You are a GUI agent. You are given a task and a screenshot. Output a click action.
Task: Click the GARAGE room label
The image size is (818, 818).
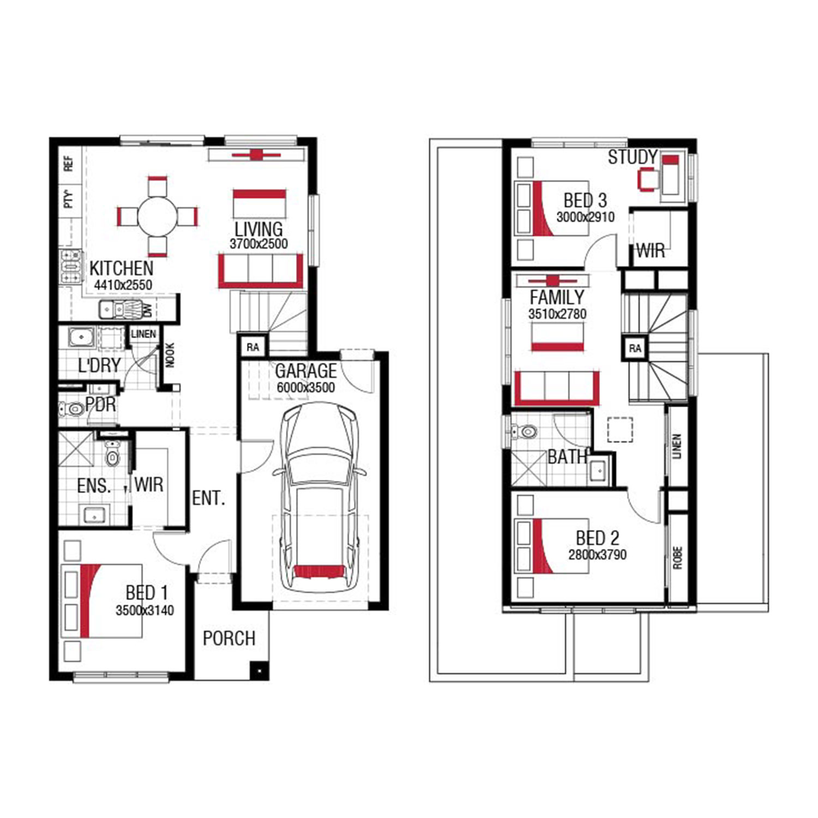[306, 371]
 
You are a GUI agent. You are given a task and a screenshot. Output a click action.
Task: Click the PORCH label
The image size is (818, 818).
[229, 639]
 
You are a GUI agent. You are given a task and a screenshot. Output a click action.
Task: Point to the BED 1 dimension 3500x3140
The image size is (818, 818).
[145, 610]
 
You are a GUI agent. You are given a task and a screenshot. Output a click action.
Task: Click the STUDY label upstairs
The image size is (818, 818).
[633, 157]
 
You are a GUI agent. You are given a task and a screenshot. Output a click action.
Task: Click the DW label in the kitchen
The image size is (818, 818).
[147, 310]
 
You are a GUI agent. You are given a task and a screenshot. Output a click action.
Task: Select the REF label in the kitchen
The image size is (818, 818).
[68, 164]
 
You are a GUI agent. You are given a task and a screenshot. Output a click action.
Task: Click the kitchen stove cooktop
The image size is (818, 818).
[71, 267]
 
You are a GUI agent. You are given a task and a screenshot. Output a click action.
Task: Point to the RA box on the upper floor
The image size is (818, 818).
[635, 348]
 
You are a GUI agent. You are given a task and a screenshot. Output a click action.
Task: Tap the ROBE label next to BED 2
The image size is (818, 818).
[677, 558]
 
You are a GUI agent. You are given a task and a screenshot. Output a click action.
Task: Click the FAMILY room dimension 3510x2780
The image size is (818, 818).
[557, 314]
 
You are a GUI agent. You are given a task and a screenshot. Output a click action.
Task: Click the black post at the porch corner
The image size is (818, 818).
[260, 670]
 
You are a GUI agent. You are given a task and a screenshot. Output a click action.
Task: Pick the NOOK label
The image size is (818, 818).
[170, 354]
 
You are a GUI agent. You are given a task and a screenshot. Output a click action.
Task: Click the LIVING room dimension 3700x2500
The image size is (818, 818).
[258, 244]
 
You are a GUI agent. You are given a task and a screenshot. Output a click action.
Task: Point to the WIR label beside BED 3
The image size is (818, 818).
[651, 251]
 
